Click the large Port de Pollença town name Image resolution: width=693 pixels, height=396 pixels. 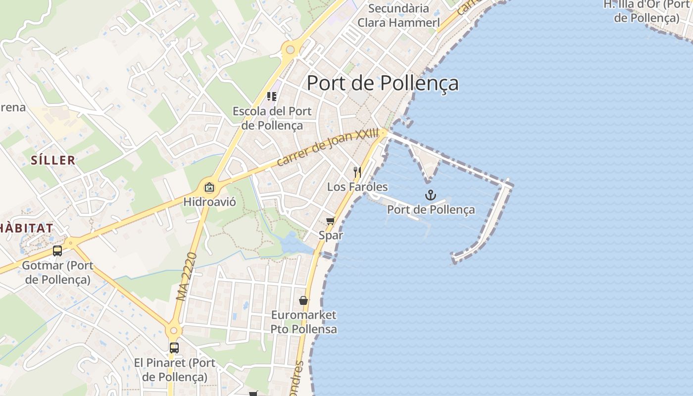tap(383, 83)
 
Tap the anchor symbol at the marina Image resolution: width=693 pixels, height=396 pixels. tap(430, 195)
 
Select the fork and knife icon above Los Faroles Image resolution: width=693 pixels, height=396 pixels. tap(357, 172)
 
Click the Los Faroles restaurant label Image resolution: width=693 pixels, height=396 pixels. tap(357, 187)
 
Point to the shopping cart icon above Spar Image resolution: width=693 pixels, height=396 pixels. tap(330, 221)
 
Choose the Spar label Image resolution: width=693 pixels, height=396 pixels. tap(331, 235)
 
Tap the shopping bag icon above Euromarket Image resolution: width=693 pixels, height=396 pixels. tap(303, 300)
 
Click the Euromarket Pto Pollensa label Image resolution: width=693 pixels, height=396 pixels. tap(303, 322)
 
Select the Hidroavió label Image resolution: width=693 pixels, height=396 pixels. tap(209, 202)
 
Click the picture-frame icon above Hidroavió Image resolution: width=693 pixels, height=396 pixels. tap(209, 188)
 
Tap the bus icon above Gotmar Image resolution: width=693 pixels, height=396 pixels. tap(57, 251)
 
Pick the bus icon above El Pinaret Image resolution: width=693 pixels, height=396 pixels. tap(174, 348)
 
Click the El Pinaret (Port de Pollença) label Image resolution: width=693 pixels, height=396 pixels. tap(175, 370)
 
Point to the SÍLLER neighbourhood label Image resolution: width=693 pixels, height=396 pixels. tap(53, 160)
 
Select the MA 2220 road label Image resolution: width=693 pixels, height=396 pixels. tap(187, 277)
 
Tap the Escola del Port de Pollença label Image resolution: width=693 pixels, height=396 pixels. tap(272, 118)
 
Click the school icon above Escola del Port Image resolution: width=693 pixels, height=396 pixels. tap(271, 96)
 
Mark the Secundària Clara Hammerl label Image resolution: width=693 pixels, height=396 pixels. tap(398, 15)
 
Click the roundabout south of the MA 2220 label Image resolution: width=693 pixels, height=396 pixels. tap(173, 330)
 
